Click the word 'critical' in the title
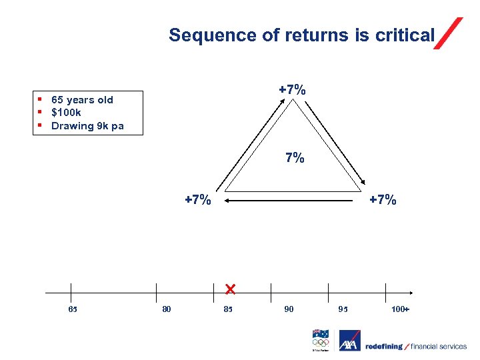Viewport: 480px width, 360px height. [x=405, y=35]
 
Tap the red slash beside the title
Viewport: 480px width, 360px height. [x=448, y=33]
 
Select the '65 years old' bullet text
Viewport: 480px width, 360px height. [x=82, y=100]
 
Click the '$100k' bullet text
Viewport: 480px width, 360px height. [x=66, y=113]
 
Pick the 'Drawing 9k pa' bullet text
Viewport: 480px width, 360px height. [x=87, y=126]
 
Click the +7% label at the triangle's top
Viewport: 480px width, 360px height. [x=292, y=90]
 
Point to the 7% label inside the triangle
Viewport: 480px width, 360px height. [x=295, y=158]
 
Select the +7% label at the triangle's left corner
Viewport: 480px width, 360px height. [x=198, y=199]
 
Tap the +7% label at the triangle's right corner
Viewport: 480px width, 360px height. [x=383, y=199]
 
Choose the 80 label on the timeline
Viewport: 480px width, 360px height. [x=166, y=309]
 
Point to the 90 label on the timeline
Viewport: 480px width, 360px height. [x=289, y=309]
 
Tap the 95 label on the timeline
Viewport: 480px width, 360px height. [x=343, y=309]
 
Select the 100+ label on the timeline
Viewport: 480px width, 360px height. [x=400, y=309]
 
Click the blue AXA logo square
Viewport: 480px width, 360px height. [x=349, y=341]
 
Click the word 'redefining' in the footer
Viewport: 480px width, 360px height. [x=384, y=346]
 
